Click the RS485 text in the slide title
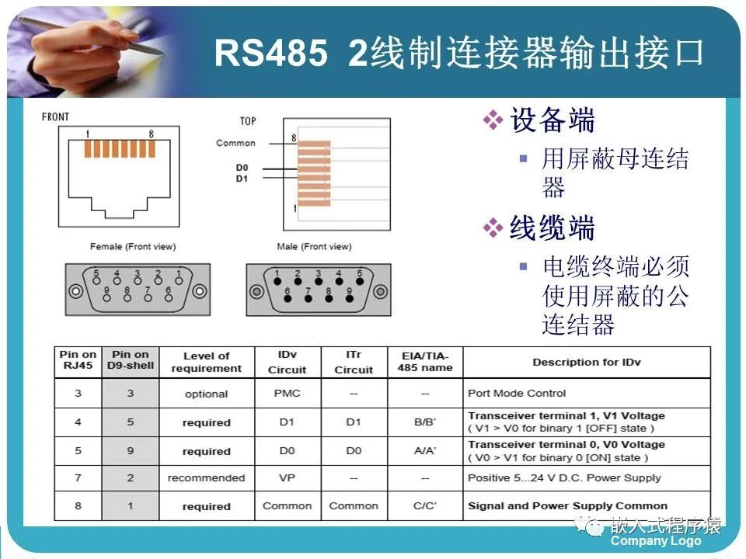point(270,54)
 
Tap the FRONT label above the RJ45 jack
point(55,117)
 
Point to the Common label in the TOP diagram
point(235,143)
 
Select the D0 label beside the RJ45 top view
point(242,168)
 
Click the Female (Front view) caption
point(133,247)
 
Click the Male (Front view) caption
point(314,247)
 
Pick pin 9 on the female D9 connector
point(106,291)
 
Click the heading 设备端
point(552,121)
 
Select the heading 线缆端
point(552,229)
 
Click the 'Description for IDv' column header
point(586,363)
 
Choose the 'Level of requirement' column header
point(206,363)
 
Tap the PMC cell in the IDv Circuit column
point(287,394)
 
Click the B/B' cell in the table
point(425,422)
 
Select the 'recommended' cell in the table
point(206,478)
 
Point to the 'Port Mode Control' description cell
point(517,394)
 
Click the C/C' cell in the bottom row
point(425,506)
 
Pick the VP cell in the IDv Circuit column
point(287,478)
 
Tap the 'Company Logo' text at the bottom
point(655,541)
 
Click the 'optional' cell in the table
point(206,394)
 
